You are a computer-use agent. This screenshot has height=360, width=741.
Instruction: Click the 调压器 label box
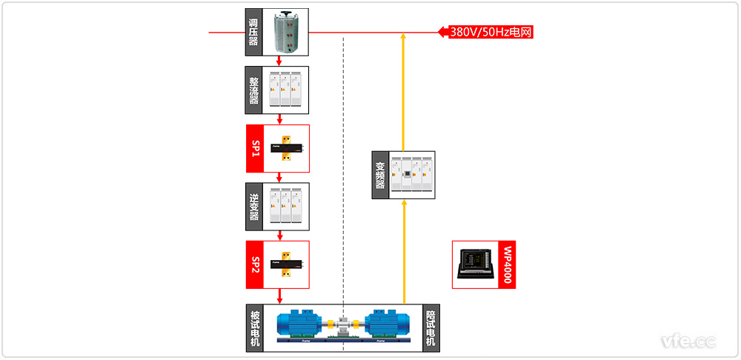point(254,33)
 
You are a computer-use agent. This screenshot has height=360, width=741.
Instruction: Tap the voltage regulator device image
point(285,33)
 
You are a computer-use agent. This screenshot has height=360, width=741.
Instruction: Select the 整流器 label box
point(254,90)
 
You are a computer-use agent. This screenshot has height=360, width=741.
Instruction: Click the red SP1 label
point(254,148)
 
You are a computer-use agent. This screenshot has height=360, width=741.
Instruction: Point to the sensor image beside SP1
point(286,148)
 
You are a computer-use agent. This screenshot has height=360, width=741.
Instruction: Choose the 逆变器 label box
point(254,205)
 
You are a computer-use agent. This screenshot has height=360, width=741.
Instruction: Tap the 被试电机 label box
point(255,327)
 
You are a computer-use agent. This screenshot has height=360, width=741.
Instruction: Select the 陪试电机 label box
point(431,327)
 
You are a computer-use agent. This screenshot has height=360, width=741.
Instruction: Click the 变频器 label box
point(380,175)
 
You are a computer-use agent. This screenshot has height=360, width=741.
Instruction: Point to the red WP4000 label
point(507,264)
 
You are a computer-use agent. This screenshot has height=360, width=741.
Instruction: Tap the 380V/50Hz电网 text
point(491,32)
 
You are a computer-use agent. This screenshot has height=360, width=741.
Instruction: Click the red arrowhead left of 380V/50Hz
point(443,32)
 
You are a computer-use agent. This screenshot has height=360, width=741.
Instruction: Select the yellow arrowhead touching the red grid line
point(403,37)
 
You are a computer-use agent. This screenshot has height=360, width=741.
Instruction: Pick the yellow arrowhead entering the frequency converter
point(403,203)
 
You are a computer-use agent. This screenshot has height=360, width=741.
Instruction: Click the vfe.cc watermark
point(688,341)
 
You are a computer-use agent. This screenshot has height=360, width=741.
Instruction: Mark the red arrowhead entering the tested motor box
point(279,299)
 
